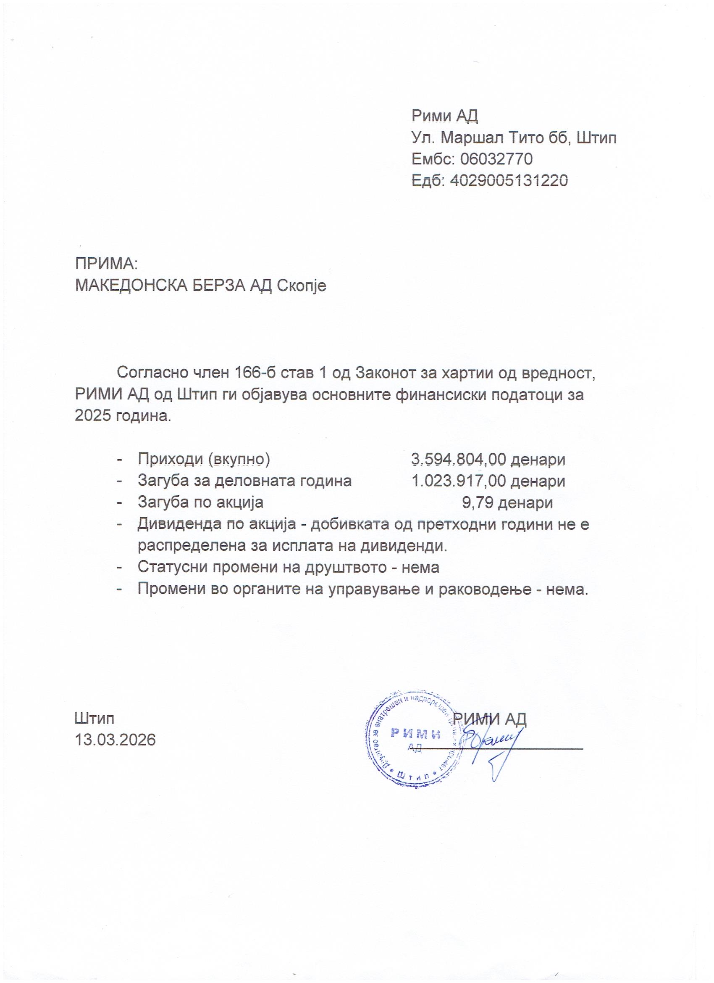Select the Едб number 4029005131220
[509, 180]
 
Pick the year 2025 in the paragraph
[94, 416]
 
